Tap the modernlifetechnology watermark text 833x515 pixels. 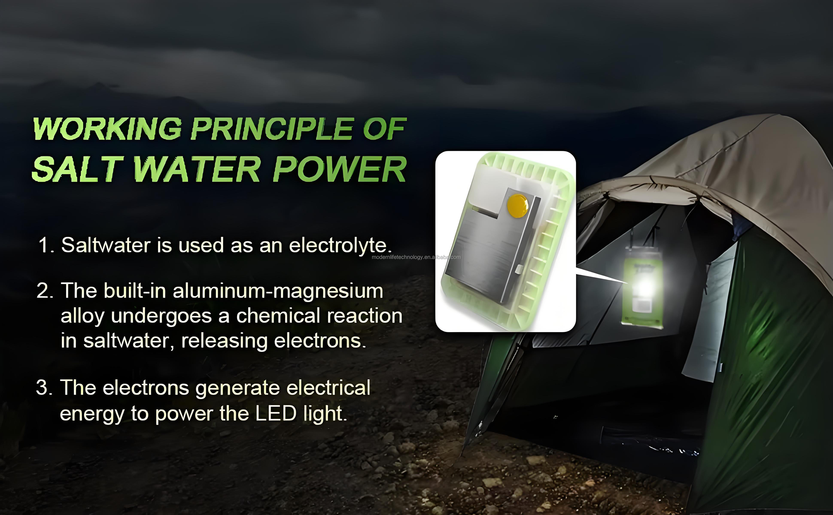(416, 257)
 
